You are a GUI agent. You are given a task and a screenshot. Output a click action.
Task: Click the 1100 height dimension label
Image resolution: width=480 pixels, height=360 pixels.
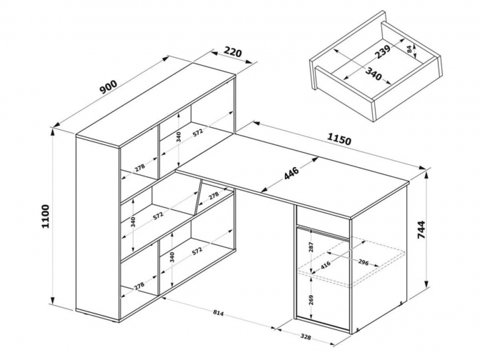45,216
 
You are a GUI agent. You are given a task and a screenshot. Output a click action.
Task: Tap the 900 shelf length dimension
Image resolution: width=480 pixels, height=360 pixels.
109,86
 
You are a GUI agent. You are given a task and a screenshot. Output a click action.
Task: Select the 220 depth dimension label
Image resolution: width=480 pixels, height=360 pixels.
233,51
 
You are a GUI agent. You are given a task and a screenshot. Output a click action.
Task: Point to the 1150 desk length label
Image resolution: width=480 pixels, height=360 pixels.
339,139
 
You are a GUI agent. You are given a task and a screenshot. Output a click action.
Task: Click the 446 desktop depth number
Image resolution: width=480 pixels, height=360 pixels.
291,174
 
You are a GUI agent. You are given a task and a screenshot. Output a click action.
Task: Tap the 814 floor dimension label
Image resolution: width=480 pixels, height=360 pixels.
219,313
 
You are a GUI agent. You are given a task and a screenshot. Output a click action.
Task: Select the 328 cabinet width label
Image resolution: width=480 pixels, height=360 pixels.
305,337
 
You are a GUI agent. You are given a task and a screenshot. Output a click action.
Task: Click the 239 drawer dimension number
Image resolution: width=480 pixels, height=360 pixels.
382,51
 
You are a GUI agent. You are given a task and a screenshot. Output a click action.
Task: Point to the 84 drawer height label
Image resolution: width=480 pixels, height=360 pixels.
409,49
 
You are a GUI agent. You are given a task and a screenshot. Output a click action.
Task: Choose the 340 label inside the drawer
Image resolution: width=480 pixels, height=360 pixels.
374,74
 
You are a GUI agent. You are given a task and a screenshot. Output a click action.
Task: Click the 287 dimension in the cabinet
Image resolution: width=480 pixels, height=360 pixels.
311,247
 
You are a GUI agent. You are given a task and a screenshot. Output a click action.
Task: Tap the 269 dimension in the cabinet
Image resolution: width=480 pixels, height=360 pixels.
311,300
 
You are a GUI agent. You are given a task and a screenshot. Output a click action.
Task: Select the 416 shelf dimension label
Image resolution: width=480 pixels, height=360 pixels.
326,264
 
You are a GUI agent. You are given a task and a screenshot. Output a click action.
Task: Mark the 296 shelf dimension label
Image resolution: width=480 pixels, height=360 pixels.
363,262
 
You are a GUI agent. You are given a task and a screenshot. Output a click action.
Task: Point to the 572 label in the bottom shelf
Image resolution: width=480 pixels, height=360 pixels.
198,251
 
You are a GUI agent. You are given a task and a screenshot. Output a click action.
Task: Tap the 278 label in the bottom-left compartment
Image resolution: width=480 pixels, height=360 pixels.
139,286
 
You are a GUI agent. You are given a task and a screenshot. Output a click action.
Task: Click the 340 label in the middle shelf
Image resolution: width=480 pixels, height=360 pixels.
133,222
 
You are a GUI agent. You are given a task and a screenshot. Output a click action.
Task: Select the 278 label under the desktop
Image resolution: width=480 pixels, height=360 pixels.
214,195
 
